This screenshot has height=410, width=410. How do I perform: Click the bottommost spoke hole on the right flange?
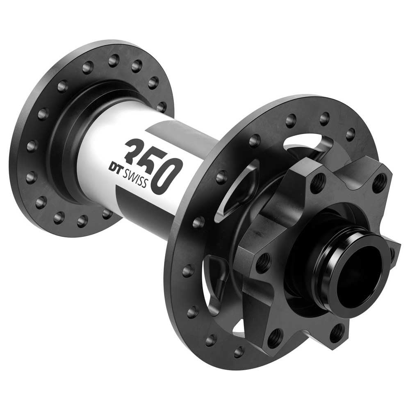[238, 351]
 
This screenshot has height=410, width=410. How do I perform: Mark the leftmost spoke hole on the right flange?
[187, 271]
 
